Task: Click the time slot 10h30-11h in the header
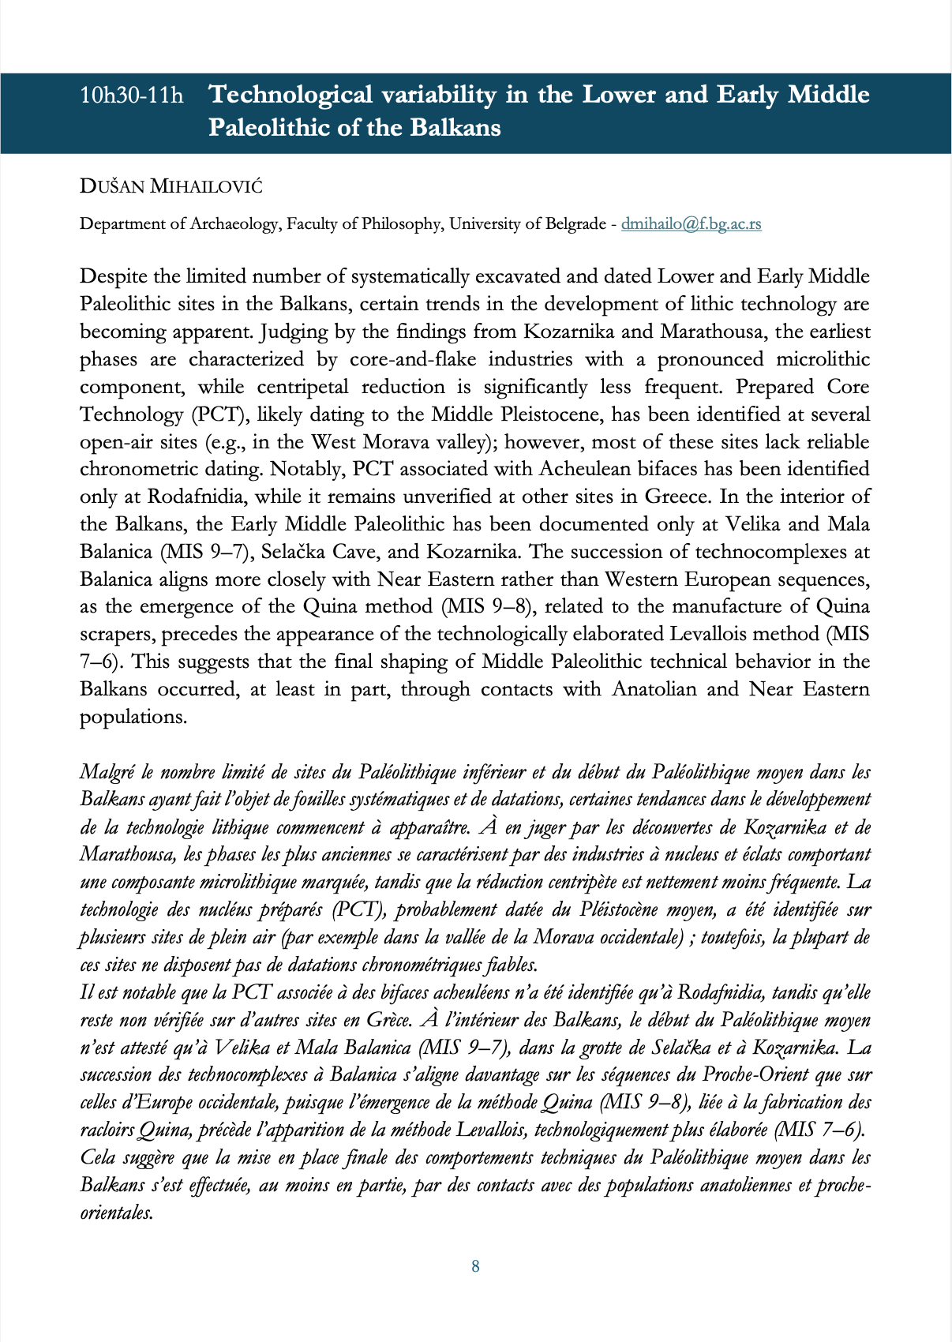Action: tap(131, 96)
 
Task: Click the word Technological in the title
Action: tap(290, 95)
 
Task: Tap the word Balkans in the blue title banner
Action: tap(451, 127)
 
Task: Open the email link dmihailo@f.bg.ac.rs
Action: tap(691, 223)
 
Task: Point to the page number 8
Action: tap(475, 1266)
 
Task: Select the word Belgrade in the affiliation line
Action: tap(570, 223)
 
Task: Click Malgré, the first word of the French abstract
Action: tap(108, 772)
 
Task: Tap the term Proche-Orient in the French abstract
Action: tap(752, 1075)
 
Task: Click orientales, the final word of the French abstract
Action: tap(116, 1213)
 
